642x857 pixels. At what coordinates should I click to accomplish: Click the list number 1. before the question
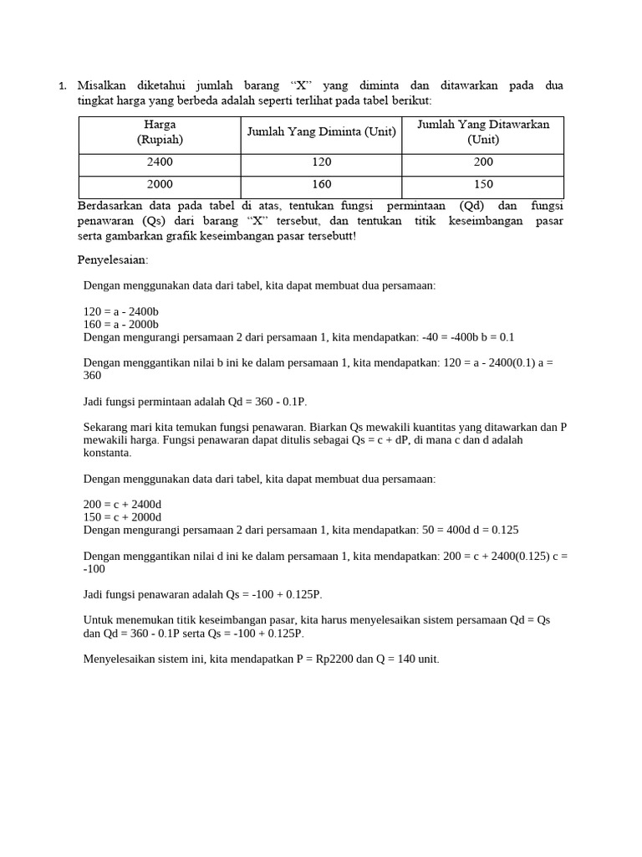point(62,86)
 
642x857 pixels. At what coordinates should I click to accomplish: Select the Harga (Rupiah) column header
point(160,132)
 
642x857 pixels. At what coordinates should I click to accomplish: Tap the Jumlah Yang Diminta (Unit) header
point(322,132)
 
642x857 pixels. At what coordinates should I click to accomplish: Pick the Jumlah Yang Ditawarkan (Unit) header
point(483,132)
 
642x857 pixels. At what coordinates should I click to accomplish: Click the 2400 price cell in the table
point(160,162)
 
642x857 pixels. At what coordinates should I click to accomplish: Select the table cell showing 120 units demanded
point(322,162)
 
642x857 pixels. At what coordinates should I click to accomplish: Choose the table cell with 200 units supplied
point(483,162)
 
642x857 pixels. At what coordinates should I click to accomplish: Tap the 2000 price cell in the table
point(160,185)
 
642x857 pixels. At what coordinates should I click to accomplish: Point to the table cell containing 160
point(322,185)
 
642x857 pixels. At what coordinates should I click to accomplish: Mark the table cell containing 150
point(483,185)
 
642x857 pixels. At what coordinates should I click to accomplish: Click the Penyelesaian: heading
point(113,260)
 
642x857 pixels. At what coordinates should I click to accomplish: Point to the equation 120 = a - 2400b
point(121,311)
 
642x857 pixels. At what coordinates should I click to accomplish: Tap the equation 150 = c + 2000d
point(123,517)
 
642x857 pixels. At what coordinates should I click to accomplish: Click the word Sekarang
point(108,427)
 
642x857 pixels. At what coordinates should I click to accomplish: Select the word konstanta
point(107,453)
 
